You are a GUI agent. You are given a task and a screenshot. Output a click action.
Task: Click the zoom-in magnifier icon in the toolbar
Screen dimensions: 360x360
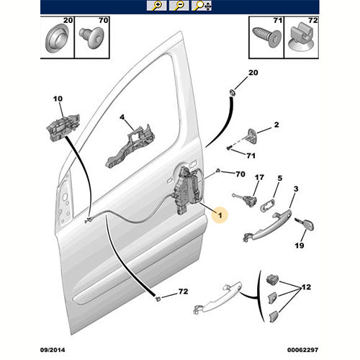coord(156,6)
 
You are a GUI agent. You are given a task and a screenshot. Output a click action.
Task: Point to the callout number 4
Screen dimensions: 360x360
coord(122,117)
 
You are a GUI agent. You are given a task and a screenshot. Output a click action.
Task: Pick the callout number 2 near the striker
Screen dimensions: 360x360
coord(276,125)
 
